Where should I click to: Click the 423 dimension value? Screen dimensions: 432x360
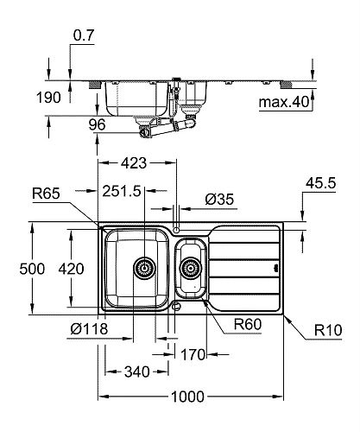pos(134,162)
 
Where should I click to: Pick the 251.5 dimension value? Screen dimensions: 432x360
pos(123,191)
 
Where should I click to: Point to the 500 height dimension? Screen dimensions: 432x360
pos(16,268)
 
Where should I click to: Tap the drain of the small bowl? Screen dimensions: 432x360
pos(189,268)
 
